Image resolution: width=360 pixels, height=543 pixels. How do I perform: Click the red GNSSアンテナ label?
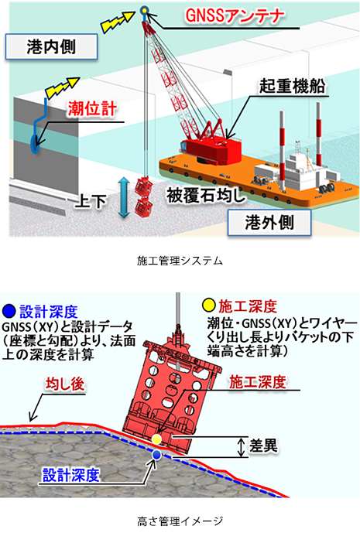point(235,16)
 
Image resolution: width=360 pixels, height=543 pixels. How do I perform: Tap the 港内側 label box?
point(51,46)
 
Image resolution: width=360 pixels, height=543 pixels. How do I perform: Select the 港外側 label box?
point(269,222)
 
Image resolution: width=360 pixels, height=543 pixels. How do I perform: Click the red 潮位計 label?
point(92,109)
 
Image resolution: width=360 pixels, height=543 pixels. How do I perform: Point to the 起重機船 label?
point(292,86)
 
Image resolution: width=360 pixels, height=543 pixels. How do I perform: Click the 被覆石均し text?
point(206,196)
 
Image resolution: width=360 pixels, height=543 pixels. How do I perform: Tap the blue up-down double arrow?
point(124,198)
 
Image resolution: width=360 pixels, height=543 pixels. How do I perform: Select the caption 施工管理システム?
point(180,261)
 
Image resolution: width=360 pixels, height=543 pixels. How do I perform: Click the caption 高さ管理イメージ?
point(180,521)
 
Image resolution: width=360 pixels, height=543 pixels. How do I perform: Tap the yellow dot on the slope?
point(156,439)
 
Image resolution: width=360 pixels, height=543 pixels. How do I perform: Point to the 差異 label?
point(263,446)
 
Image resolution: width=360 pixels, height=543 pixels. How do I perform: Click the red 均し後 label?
point(65,384)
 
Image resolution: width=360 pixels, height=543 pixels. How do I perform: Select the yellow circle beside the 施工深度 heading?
point(209,305)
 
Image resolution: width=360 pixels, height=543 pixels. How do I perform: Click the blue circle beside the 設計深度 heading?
point(9,311)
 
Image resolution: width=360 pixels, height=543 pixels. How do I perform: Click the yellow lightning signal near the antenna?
point(117,22)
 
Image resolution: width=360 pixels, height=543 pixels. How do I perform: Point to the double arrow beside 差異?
point(241,447)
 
